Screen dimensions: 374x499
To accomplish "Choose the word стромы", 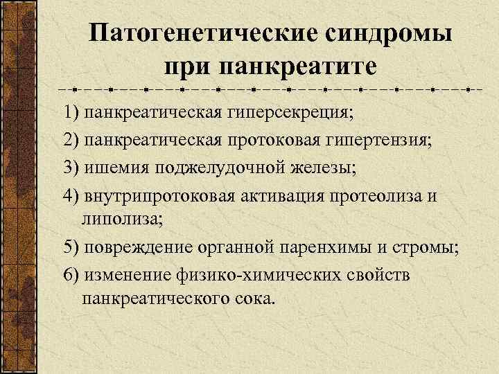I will [428, 248].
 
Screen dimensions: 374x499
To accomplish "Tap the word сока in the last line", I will [255, 299].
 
